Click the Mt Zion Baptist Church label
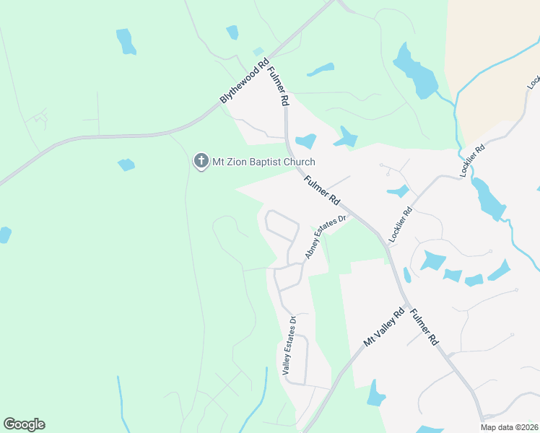pos(264,162)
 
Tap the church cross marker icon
pos(201,161)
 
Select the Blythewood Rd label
pos(244,80)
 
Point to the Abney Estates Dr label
pos(326,236)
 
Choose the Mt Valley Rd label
pos(384,328)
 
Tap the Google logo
pos(24,424)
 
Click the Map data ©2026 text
pos(508,427)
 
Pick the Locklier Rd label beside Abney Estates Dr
pos(399,224)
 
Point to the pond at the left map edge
pos(4,235)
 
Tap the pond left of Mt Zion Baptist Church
pos(126,165)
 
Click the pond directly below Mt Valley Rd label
pos(376,394)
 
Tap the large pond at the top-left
pos(126,41)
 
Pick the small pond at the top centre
pos(232,32)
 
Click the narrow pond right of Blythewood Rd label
pos(320,70)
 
